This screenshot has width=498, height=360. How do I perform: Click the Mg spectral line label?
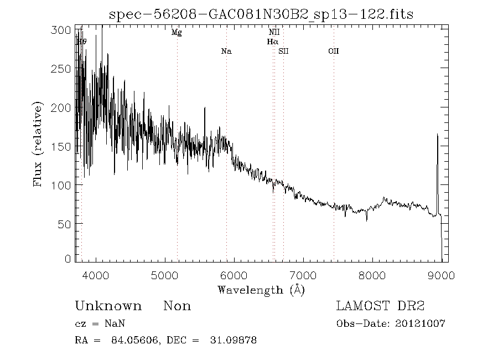(177, 33)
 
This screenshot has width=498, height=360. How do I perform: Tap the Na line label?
(226, 52)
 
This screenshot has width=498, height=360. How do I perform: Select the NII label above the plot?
(274, 33)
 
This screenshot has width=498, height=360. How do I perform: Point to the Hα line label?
(272, 42)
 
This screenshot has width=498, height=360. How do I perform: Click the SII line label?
(284, 52)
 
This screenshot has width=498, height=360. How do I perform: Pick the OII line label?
(333, 52)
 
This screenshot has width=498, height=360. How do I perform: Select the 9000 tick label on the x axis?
(442, 275)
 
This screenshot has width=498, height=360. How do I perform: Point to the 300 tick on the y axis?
(64, 30)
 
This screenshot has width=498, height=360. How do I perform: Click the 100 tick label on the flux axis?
(64, 185)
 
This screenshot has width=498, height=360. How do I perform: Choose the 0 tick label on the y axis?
(68, 259)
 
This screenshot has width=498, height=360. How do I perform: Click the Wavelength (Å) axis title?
(261, 290)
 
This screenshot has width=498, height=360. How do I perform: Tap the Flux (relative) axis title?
(38, 144)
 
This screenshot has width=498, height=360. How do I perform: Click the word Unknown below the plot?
(108, 306)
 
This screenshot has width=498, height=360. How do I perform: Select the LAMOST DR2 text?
(380, 306)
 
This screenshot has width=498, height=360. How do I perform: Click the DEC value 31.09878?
(235, 340)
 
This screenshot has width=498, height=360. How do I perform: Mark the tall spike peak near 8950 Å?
(438, 134)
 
